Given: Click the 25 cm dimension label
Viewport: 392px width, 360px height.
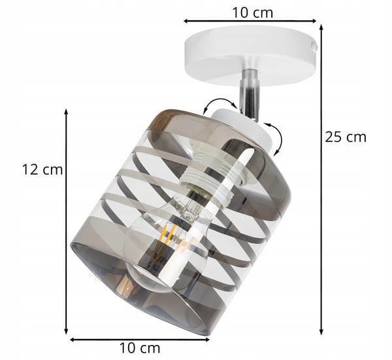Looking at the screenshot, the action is (x=345, y=137).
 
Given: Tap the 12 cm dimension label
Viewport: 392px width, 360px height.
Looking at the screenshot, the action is (x=42, y=169).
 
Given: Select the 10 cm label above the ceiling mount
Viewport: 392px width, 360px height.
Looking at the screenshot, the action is (x=252, y=12).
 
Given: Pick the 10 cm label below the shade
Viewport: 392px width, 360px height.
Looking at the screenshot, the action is (x=140, y=348).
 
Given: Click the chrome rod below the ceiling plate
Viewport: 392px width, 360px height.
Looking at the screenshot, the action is (x=248, y=93).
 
